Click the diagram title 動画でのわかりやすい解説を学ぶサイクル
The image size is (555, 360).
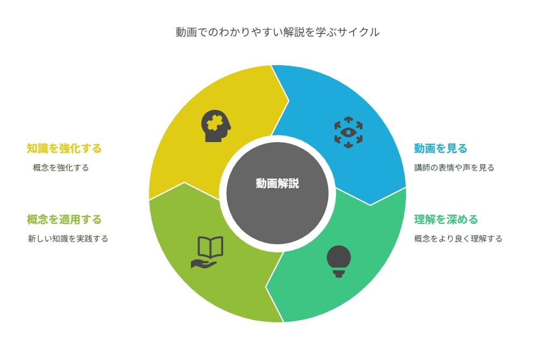point(277,32)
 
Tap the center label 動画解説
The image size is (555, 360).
point(277,183)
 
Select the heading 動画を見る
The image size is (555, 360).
point(440,148)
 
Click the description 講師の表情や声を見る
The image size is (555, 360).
point(454,167)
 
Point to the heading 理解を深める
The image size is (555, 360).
point(446,220)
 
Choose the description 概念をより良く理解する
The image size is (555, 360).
point(458,239)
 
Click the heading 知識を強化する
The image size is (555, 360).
point(64,148)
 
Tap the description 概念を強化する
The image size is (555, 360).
point(61,167)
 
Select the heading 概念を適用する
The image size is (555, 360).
point(64,220)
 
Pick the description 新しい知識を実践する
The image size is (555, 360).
point(68,239)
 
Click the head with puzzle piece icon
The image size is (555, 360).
point(216,126)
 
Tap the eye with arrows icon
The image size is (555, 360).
point(348,132)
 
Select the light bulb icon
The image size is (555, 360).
point(339,261)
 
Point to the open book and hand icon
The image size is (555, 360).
point(207,252)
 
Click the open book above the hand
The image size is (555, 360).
point(210,246)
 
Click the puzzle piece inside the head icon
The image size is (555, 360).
point(215,123)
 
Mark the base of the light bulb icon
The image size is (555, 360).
point(339,273)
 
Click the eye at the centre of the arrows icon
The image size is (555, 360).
point(348,132)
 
